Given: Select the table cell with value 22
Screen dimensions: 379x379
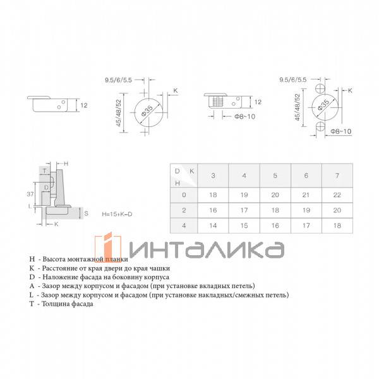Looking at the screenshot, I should pos(337,195).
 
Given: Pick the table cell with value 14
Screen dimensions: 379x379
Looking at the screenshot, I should pos(213,225).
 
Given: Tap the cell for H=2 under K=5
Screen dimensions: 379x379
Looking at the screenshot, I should pos(275,210).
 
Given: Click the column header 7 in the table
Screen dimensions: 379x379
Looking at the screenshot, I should pos(337,175).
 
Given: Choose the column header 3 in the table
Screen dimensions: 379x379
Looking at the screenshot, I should pos(213,175).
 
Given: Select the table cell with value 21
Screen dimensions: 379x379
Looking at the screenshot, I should pos(306,195).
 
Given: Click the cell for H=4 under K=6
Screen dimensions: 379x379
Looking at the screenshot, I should pos(306,225).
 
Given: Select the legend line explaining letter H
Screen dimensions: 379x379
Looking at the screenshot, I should pos(79,259).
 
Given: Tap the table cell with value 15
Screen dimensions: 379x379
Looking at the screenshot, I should pos(244,225).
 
